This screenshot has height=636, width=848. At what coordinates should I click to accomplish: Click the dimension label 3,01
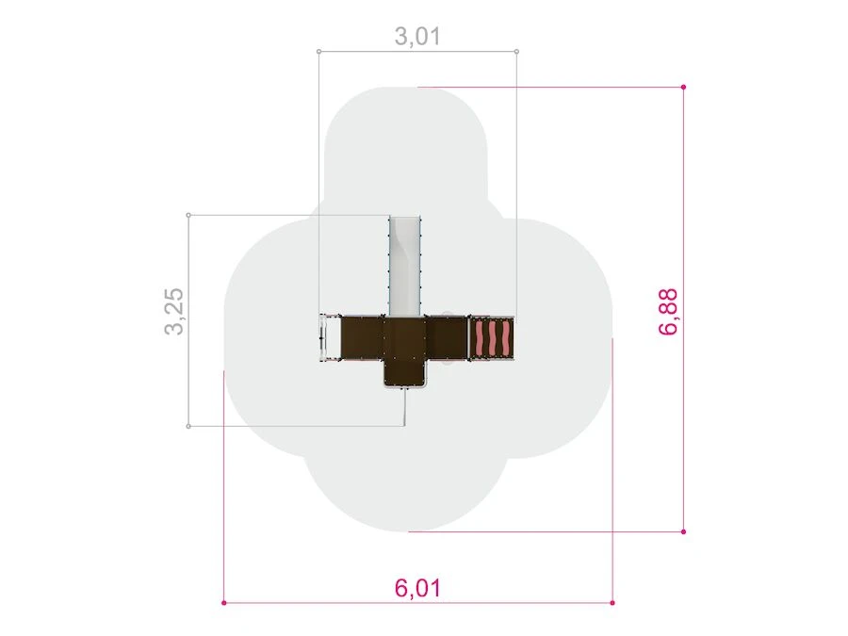point(417,36)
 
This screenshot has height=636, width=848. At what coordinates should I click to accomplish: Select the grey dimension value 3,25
point(174,312)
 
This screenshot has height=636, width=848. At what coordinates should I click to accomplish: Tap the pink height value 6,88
point(668,312)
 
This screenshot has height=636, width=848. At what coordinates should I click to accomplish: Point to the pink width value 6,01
point(417,588)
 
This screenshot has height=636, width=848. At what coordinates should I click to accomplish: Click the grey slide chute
point(405,266)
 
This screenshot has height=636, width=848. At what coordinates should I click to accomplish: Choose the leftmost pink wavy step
point(481,339)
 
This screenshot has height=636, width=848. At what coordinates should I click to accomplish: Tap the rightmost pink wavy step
point(506,339)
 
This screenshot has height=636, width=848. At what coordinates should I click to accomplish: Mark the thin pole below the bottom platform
point(404,407)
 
